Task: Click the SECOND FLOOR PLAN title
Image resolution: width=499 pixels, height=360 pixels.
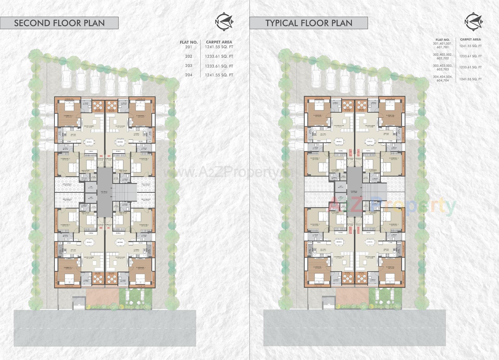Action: point(59,23)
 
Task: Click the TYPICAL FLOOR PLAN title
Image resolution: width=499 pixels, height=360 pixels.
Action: point(309,23)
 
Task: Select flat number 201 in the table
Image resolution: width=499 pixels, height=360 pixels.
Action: point(189,47)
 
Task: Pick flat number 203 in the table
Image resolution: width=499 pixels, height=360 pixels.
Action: point(189,66)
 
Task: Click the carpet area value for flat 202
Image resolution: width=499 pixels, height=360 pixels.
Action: point(219,56)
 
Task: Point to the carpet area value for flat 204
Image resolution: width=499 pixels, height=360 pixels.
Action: point(219,75)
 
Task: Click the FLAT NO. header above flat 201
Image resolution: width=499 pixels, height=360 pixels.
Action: point(189,42)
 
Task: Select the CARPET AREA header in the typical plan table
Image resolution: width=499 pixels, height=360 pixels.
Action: point(470,39)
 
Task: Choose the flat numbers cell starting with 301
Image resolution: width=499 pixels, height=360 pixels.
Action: point(443,45)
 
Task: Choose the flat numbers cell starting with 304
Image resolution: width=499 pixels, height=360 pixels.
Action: point(443,78)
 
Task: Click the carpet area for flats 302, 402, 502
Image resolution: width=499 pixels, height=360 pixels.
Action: point(470,56)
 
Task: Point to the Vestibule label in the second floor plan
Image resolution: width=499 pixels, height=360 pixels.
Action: point(104,192)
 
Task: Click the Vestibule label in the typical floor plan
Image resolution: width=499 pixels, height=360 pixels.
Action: point(354,191)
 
